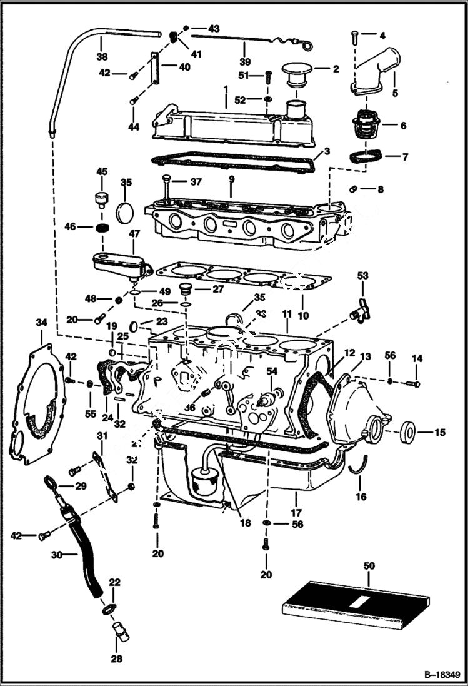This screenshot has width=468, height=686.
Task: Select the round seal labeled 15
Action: (x=409, y=431)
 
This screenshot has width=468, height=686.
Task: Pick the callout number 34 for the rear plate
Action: (x=41, y=322)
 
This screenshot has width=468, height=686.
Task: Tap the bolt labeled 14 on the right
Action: (x=413, y=383)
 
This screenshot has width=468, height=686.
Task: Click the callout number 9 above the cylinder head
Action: (x=231, y=179)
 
